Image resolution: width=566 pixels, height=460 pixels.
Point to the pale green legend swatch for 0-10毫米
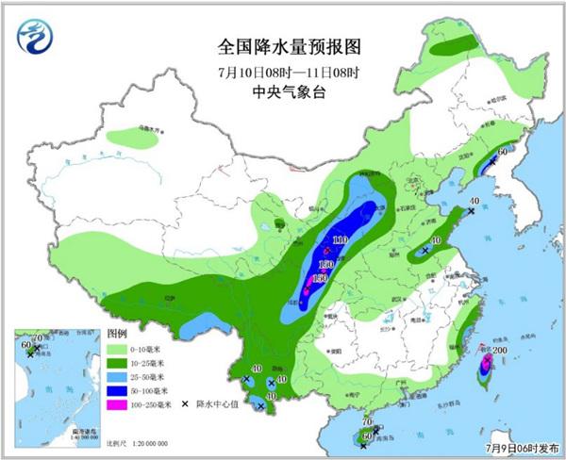pos(118,348)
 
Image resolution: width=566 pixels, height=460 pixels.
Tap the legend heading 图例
pos(117,334)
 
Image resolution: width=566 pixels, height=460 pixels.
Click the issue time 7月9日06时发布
pos(523,450)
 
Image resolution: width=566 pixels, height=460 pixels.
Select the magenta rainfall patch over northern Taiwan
pos(487,361)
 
